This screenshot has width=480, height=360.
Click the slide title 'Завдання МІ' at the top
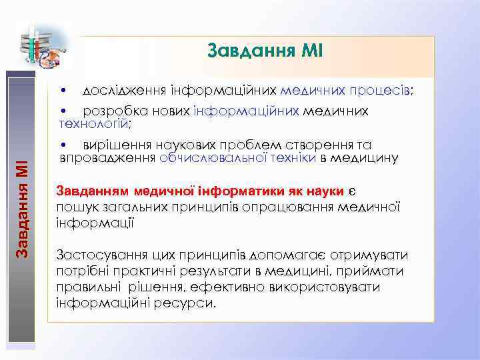[x=265, y=51]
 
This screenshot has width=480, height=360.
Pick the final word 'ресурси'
[x=193, y=303]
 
